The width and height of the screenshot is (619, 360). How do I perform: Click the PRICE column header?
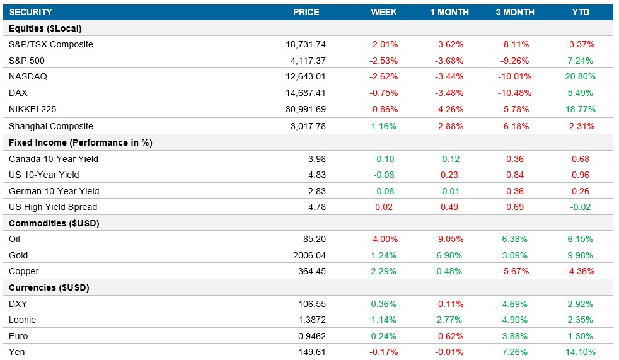point(306,12)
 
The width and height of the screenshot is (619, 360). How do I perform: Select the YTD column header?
point(581,12)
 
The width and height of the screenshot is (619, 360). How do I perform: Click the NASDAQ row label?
point(28,77)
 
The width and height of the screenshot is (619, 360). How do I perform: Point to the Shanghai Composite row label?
point(51,126)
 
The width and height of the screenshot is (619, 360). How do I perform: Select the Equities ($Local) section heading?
point(45,28)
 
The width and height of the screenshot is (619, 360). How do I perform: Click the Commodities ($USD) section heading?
point(54,223)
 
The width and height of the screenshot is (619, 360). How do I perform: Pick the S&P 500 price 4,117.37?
point(305,61)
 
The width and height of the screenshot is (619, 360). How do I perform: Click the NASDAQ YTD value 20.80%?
point(581,77)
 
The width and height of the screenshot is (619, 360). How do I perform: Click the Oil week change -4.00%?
point(383,240)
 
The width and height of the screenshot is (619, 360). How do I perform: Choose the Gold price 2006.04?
point(308,256)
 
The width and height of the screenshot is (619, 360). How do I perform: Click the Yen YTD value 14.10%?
point(581,352)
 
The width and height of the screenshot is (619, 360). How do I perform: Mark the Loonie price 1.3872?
point(311,320)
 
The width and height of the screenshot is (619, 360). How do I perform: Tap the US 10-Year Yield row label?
point(44,175)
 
